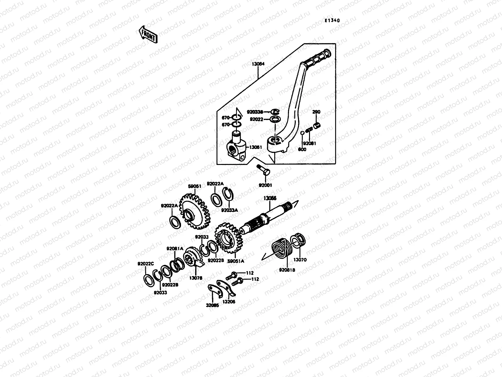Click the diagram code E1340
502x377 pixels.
click(332, 21)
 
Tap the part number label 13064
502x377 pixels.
click(258, 64)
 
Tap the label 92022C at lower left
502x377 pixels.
click(146, 264)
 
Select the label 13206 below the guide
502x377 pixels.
click(228, 302)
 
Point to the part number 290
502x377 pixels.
click(316, 112)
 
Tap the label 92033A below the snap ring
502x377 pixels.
click(229, 210)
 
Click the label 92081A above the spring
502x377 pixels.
click(175, 249)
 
